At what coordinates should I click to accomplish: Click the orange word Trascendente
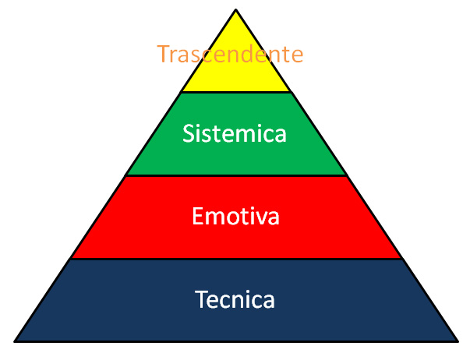pos(230,54)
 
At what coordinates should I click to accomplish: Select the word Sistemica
pos(235,133)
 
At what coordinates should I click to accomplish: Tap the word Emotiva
pos(235,216)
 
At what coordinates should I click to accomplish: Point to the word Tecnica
pos(235,299)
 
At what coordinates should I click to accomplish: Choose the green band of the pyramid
pos(236,134)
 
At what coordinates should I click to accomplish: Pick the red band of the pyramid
pos(236,217)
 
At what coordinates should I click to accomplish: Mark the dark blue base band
pos(236,300)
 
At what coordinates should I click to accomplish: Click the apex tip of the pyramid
pos(236,10)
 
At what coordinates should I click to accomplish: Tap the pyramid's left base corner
pos(14,341)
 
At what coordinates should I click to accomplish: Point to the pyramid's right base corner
pos(458,341)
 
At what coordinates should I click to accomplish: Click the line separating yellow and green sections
pos(236,92)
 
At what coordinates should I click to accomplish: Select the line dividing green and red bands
pos(236,175)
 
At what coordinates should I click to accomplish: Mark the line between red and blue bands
pos(236,259)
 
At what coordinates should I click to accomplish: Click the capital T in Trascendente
pos(163,54)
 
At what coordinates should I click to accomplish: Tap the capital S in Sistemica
pos(189,133)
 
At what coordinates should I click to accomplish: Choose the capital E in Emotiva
pos(197,216)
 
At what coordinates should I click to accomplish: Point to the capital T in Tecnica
pos(200,299)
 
